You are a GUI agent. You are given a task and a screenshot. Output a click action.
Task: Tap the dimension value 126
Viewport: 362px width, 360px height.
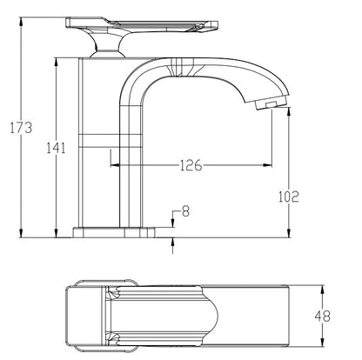coord(192,164)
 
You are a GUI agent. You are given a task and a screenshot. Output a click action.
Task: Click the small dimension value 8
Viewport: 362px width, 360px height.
coord(184,210)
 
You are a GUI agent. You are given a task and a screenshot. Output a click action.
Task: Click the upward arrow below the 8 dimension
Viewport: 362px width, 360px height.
coord(173,243)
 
